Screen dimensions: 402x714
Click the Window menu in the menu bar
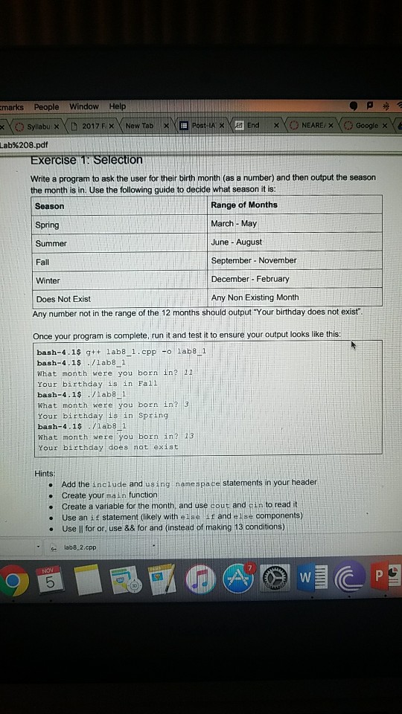pyautogui.click(x=83, y=106)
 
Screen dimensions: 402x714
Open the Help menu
pyautogui.click(x=118, y=106)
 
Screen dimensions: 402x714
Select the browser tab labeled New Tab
pyautogui.click(x=139, y=126)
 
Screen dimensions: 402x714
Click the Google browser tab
pyautogui.click(x=366, y=126)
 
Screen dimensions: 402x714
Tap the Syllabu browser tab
pyautogui.click(x=41, y=126)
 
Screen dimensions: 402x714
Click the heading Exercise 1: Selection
pyautogui.click(x=86, y=159)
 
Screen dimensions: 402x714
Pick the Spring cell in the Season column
pyautogui.click(x=48, y=225)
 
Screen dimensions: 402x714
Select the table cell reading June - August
pyautogui.click(x=236, y=242)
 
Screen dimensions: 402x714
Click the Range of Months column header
pyautogui.click(x=244, y=205)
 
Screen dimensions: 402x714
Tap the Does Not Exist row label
pyautogui.click(x=63, y=298)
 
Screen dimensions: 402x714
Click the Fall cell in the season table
pyautogui.click(x=42, y=262)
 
